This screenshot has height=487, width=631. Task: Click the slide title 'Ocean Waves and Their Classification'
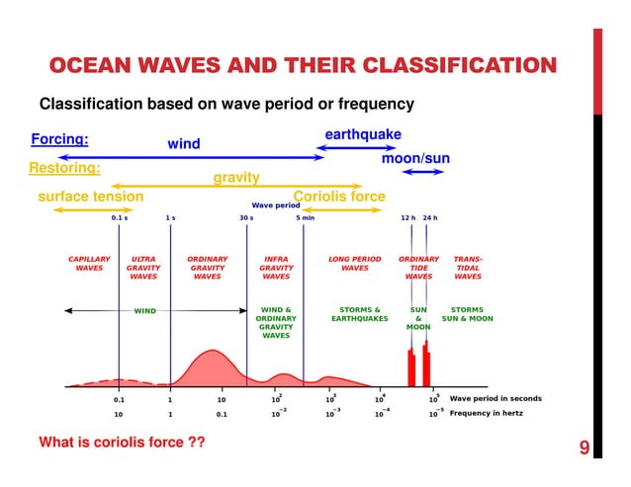[x=302, y=66]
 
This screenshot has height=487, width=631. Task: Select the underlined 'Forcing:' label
[x=60, y=139]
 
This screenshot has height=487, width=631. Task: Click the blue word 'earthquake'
[x=363, y=134]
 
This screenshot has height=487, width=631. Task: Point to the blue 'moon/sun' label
[x=415, y=158]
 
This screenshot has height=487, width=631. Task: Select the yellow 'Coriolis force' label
[x=339, y=197]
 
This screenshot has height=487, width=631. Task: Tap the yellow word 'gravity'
[x=236, y=178]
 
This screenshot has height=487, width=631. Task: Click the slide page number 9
[x=584, y=449]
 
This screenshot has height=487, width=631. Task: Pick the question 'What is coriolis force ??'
[x=122, y=442]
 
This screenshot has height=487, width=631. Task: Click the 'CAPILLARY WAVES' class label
[x=89, y=264]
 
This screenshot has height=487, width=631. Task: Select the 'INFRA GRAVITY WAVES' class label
[x=276, y=268]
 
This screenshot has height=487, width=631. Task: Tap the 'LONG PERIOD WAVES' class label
[x=354, y=264]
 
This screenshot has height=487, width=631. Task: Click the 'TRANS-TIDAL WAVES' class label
[x=468, y=268]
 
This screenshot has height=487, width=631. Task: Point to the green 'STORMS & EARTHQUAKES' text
[x=360, y=314]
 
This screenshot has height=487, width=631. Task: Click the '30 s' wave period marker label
[x=246, y=217]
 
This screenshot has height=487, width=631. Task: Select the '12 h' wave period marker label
[x=407, y=217]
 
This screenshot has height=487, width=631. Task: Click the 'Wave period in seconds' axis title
[x=496, y=399]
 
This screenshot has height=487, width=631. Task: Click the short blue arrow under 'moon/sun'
[x=423, y=172]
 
